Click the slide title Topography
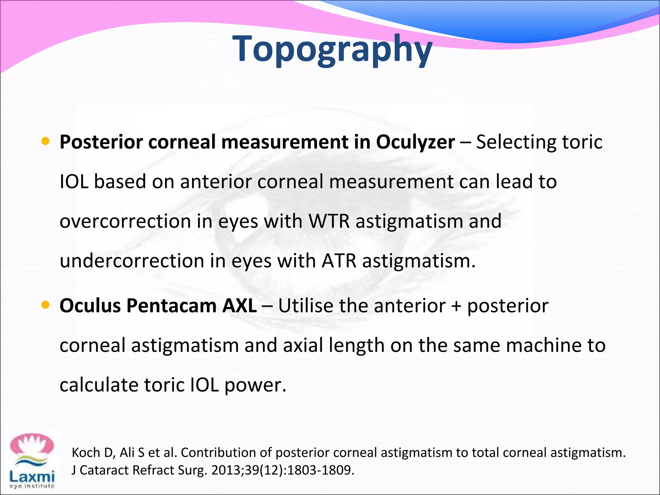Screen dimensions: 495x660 (x=332, y=49)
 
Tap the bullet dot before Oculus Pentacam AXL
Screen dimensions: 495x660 (x=45, y=305)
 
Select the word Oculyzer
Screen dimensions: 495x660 (x=415, y=142)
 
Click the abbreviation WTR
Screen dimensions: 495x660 (x=329, y=221)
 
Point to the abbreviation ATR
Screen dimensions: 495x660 (x=339, y=261)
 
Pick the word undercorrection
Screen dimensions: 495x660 (x=132, y=261)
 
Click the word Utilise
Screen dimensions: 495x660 (x=306, y=306)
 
